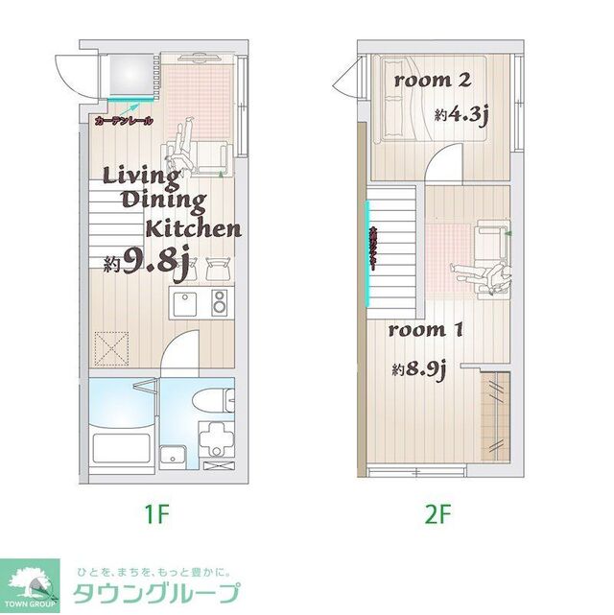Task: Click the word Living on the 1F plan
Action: click(x=141, y=176)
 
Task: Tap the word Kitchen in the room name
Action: click(x=193, y=228)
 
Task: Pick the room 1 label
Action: click(x=426, y=331)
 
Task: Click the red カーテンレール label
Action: click(x=124, y=122)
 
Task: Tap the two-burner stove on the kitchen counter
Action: click(x=219, y=304)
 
